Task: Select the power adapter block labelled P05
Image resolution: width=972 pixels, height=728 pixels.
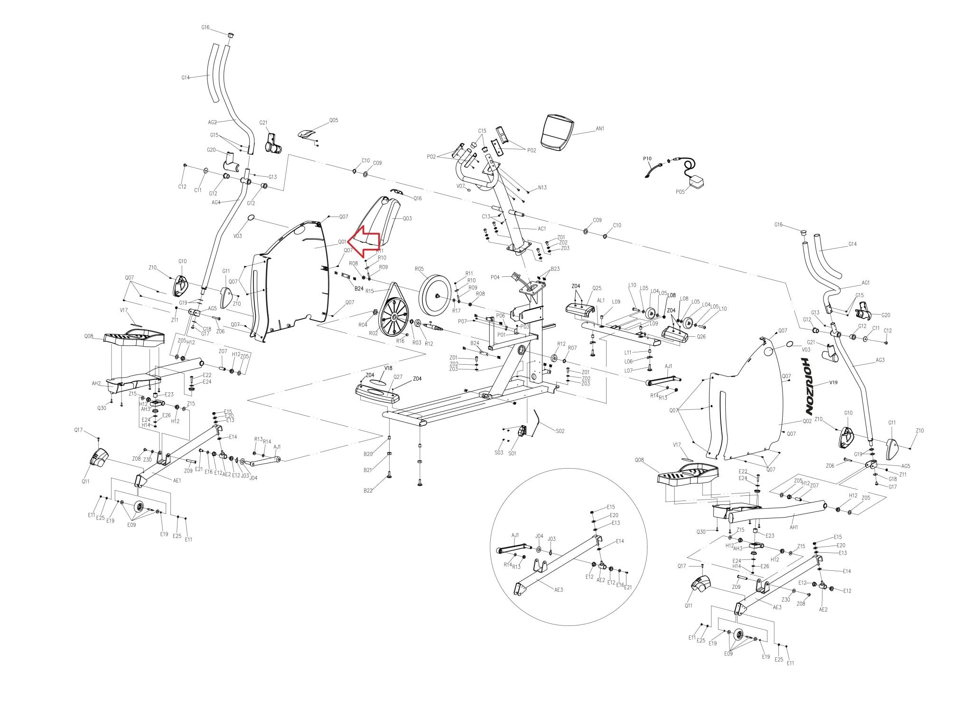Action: (x=697, y=182)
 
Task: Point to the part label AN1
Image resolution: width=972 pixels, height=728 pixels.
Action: (x=600, y=129)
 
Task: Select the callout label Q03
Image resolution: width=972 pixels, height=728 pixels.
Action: (x=407, y=218)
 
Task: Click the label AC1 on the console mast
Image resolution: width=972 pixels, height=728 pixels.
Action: (x=542, y=228)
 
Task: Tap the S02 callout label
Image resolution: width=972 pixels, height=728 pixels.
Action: (x=561, y=431)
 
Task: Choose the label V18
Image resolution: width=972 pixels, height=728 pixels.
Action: (x=388, y=368)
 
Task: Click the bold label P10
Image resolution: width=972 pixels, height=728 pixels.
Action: (x=647, y=159)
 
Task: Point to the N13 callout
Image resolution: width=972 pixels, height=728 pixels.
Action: (x=542, y=188)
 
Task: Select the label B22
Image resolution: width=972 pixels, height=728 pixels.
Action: (x=368, y=491)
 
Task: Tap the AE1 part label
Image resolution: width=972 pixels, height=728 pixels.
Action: (x=177, y=481)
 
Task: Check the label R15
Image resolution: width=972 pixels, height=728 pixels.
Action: (x=370, y=291)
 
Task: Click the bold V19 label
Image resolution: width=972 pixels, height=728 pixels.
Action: (x=834, y=382)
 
